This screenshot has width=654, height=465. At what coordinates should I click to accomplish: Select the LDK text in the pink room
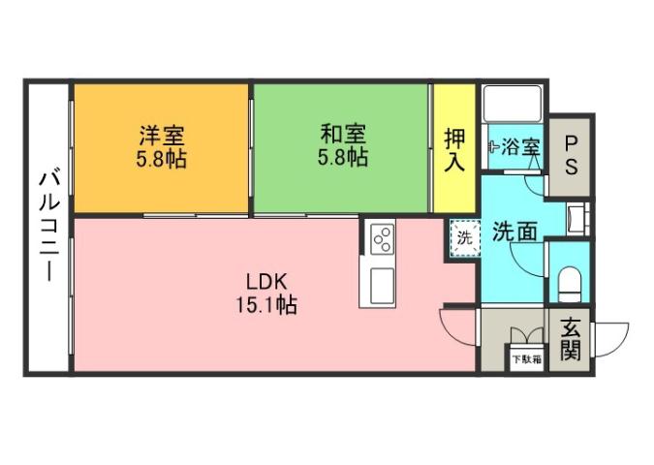pos(265,282)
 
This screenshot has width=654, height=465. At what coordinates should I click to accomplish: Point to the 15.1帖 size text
pos(265,305)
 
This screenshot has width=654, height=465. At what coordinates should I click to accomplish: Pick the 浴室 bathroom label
pos(521,147)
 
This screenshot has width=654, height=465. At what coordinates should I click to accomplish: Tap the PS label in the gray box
pos(571,154)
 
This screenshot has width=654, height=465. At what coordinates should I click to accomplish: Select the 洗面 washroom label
pos(514,232)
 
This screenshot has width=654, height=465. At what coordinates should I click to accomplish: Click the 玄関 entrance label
pos(570,339)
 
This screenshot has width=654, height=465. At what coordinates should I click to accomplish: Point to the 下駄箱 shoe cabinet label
pos(528,359)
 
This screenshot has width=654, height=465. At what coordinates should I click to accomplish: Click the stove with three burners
pos(380,237)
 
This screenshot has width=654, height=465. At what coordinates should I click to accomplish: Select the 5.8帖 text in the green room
pos(342,158)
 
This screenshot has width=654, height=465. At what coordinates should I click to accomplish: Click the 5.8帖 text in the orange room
pos(161,158)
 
